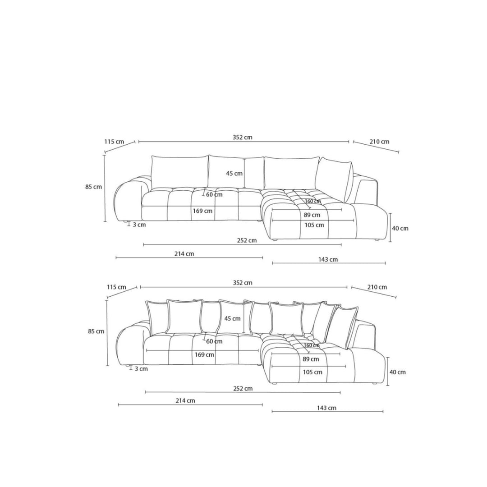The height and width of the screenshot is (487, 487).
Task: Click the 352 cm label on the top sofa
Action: [x=243, y=137]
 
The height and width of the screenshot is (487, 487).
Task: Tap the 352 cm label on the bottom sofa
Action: [x=243, y=283]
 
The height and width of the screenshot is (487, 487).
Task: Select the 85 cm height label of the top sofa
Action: [x=93, y=187]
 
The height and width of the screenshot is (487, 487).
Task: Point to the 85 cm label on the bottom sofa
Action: [x=96, y=331]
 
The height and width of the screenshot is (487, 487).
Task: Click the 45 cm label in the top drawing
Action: [x=234, y=173]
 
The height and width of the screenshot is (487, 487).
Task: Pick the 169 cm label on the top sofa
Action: [x=202, y=211]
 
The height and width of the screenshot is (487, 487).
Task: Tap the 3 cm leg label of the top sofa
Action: [x=139, y=225]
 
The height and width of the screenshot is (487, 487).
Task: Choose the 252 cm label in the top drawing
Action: [x=247, y=240]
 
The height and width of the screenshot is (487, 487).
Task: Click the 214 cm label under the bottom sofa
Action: [x=185, y=400]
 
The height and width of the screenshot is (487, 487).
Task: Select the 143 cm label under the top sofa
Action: [x=328, y=259]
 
